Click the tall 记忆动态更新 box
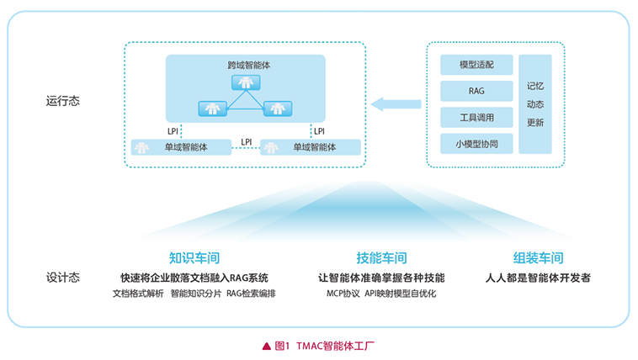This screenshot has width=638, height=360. click(534, 104)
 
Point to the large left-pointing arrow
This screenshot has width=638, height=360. click(396, 103)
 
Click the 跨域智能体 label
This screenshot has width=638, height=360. click(245, 64)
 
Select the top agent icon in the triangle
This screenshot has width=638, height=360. click(245, 82)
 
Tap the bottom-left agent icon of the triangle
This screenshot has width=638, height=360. click(210, 109)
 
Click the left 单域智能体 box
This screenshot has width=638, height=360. click(181, 147)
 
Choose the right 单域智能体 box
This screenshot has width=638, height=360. click(311, 147)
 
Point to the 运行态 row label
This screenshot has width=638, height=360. click(63, 101)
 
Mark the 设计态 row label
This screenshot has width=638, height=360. click(63, 278)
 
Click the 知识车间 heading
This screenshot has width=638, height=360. click(194, 257)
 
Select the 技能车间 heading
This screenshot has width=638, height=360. click(381, 257)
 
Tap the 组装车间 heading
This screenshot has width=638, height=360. click(538, 257)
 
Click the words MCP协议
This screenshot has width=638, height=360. click(343, 294)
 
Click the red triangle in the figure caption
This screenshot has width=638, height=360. click(266, 345)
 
